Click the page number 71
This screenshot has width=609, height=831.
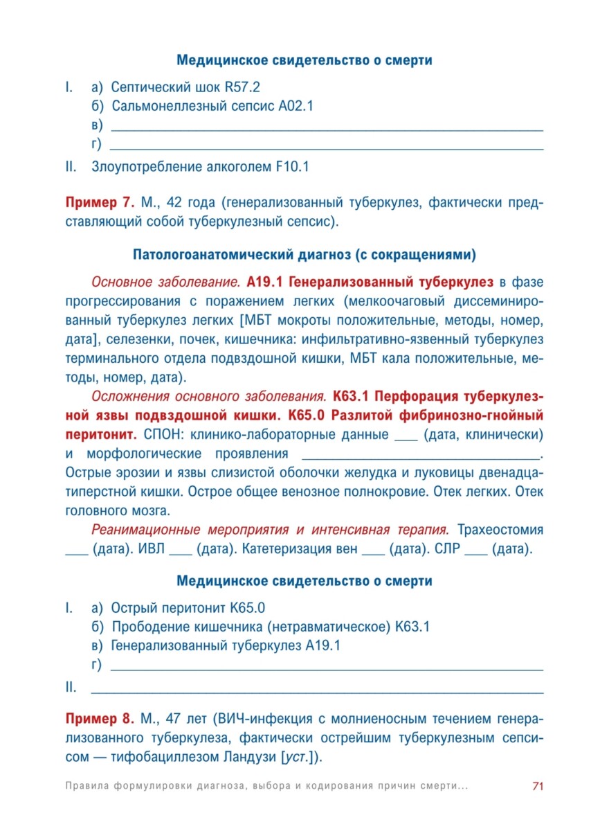pyautogui.click(x=536, y=786)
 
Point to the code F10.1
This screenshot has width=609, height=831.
pyautogui.click(x=291, y=167)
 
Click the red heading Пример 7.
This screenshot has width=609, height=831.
pyautogui.click(x=100, y=204)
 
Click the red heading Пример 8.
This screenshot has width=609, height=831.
pyautogui.click(x=100, y=720)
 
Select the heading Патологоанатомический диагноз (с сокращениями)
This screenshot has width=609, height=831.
pyautogui.click(x=304, y=255)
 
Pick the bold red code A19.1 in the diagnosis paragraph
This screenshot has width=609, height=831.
pyautogui.click(x=260, y=283)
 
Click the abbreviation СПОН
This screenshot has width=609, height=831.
pyautogui.click(x=161, y=435)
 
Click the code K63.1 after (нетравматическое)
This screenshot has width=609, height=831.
pyautogui.click(x=413, y=627)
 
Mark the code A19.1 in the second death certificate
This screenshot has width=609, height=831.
pyautogui.click(x=322, y=646)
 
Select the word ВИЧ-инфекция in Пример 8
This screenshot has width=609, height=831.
pyautogui.click(x=262, y=720)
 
